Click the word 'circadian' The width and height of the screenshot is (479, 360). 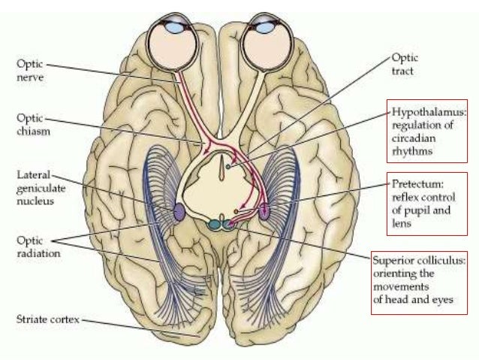(x=411, y=138)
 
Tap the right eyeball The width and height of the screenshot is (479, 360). (x=269, y=39)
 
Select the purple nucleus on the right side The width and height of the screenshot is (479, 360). (x=264, y=212)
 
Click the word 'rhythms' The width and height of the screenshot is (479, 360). (x=409, y=151)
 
